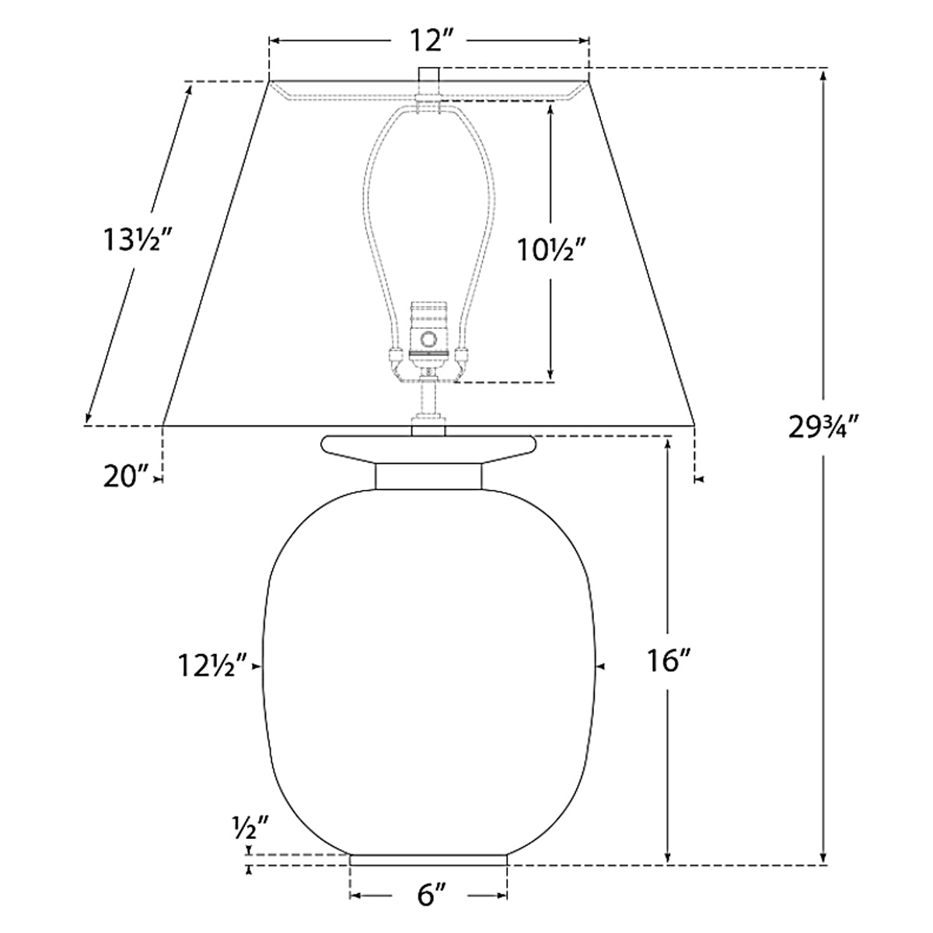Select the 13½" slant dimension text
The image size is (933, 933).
coord(138,240)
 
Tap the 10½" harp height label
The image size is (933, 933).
coord(553,250)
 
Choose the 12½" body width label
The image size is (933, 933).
coord(213,666)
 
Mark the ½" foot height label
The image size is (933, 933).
coord(250,829)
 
